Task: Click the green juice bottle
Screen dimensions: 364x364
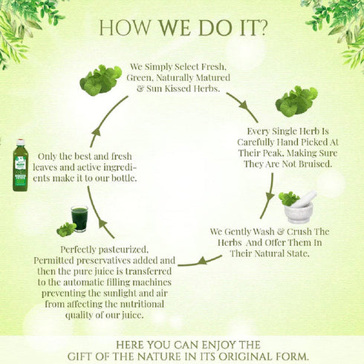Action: [21, 165]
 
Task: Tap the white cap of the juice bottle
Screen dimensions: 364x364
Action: [21, 142]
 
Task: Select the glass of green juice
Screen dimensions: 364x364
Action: [79, 218]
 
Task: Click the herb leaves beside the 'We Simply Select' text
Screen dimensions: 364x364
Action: [100, 80]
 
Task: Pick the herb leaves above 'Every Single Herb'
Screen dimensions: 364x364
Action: [296, 101]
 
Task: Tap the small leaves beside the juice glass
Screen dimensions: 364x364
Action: [66, 230]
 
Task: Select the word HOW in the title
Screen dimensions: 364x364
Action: [125, 27]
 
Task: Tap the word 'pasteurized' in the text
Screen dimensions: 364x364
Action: [123, 250]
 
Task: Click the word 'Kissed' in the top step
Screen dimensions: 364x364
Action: [178, 88]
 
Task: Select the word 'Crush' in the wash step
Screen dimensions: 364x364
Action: [299, 232]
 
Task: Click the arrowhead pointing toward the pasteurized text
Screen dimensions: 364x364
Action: [202, 261]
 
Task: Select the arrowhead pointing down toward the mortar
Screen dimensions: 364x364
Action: [270, 197]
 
